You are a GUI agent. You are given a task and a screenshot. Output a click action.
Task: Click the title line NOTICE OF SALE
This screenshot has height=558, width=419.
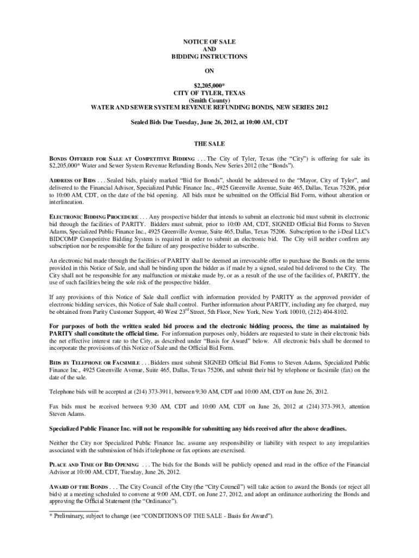pyautogui.click(x=209, y=41)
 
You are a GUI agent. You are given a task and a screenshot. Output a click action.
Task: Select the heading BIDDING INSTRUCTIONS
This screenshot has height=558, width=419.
pyautogui.click(x=209, y=57)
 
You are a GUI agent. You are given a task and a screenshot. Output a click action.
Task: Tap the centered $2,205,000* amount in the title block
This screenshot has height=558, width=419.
pyautogui.click(x=209, y=86)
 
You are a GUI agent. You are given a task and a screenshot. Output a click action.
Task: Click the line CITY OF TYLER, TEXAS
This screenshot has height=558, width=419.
pyautogui.click(x=209, y=93)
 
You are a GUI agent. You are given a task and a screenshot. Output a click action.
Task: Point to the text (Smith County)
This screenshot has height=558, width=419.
pyautogui.click(x=209, y=101)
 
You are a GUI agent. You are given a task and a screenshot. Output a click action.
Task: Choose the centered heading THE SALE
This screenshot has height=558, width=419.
pyautogui.click(x=209, y=144)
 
